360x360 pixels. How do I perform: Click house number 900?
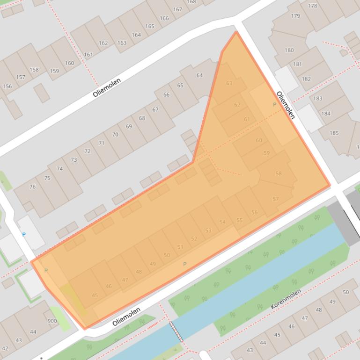point(52,321)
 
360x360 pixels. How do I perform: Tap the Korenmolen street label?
point(286,299)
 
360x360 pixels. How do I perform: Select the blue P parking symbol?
point(24,234)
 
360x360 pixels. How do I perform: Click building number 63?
point(229,83)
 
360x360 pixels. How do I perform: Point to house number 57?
point(275,199)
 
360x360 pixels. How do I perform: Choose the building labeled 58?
point(279,173)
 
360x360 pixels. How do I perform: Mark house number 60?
point(259,140)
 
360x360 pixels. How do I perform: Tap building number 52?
point(194,238)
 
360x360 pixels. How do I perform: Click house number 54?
point(222,222)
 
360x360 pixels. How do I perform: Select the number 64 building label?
point(199,75)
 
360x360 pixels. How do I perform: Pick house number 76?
point(32,187)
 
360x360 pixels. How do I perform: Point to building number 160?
point(69,63)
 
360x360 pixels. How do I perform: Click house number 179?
point(295,16)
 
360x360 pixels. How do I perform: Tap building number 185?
point(334,133)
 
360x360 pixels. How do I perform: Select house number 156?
point(7,86)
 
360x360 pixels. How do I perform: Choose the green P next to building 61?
point(274,104)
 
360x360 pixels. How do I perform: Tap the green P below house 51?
point(184,264)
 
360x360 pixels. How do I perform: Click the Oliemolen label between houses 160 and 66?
point(107,87)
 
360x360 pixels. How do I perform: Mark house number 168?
point(191,2)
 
